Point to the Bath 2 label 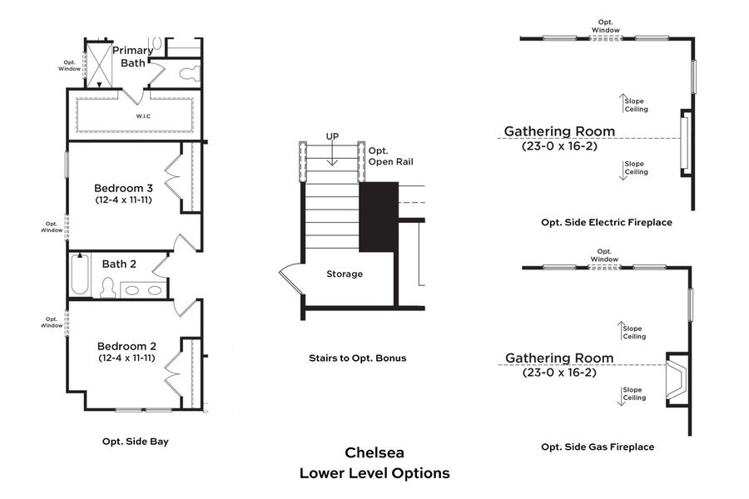tap(119, 264)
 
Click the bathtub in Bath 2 tap(80, 274)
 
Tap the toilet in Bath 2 tap(107, 288)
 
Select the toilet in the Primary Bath tap(188, 73)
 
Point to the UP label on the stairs tap(332, 136)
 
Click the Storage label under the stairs tap(344, 274)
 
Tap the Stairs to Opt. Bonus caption tap(357, 358)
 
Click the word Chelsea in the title tap(374, 453)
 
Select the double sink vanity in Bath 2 tap(143, 289)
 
